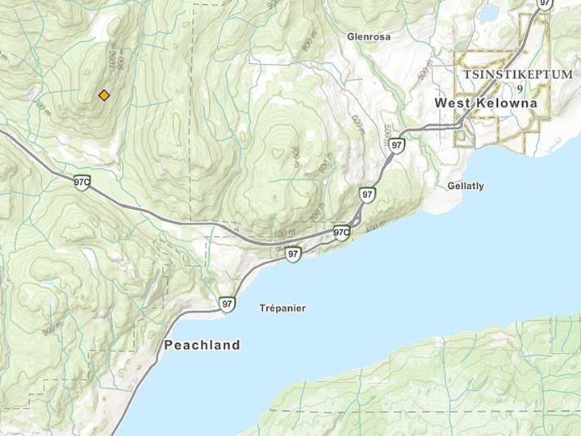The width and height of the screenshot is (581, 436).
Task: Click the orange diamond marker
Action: click(x=104, y=95)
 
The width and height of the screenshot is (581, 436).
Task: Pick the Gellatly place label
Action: click(x=466, y=186)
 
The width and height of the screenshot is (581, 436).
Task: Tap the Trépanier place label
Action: click(x=282, y=308)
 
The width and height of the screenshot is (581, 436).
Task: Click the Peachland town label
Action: click(x=202, y=345)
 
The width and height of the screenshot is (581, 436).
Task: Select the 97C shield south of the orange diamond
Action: click(x=82, y=182)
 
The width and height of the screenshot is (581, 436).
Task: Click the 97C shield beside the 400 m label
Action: click(x=342, y=233)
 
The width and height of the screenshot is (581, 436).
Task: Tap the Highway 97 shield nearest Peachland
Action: click(x=228, y=304)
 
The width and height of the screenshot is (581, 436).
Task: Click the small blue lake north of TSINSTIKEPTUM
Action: click(x=490, y=12)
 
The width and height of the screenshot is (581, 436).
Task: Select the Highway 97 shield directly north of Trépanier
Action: click(x=293, y=254)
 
